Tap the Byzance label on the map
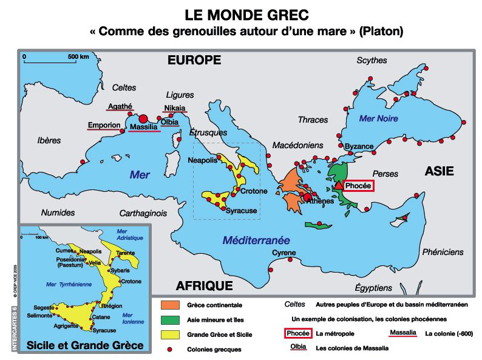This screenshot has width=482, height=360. [x=359, y=147]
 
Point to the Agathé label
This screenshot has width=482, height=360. [x=120, y=107]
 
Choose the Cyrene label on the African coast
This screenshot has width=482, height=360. [x=283, y=253]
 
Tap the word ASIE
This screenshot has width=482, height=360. [x=439, y=171]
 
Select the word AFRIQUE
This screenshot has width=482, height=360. [x=204, y=286]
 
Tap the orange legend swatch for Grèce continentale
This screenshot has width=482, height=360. [x=173, y=304]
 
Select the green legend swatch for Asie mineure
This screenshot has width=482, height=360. [x=173, y=319]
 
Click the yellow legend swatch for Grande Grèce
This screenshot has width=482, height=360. [x=173, y=334]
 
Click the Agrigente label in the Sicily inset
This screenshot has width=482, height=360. [x=67, y=325]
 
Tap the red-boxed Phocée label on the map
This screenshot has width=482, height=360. [x=358, y=186]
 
